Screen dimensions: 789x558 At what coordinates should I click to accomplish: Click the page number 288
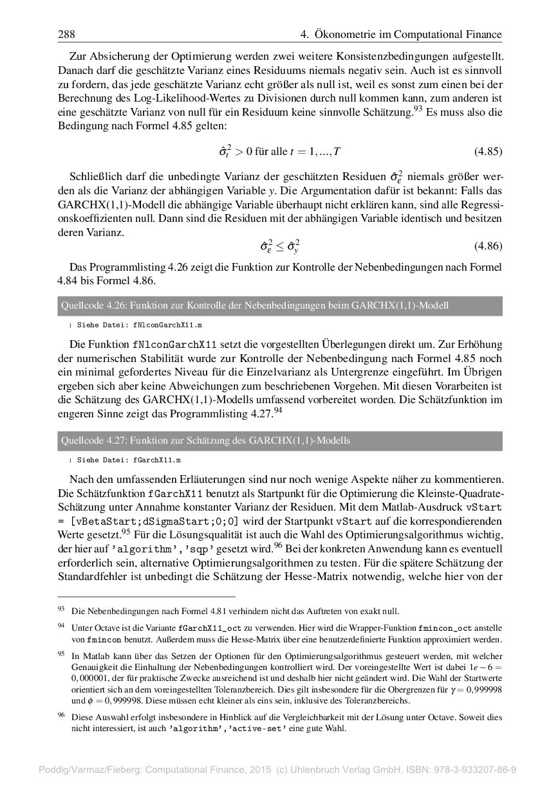point(66,35)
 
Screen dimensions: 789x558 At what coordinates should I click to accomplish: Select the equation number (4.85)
point(488,152)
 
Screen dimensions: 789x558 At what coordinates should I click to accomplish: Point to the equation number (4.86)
point(488,246)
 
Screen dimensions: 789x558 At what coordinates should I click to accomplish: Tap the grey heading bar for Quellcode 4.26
point(279,305)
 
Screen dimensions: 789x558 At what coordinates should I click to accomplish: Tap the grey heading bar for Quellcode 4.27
point(279,440)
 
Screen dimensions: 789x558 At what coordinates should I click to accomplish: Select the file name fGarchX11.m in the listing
point(157,460)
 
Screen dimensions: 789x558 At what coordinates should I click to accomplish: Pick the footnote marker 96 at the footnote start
point(61,714)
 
